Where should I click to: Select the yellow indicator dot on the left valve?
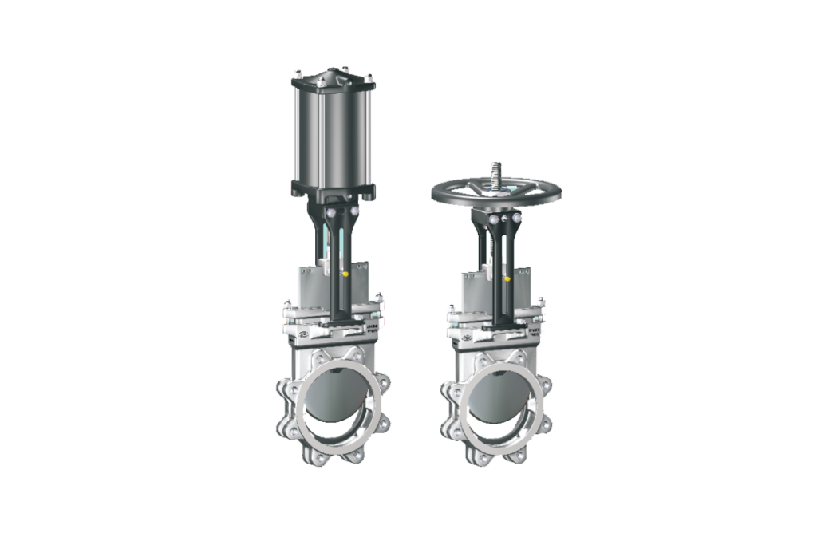point(345,274)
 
